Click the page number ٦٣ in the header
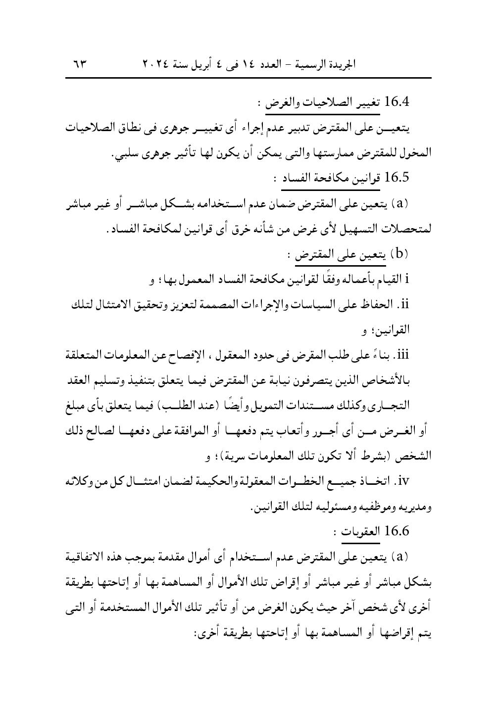point(79,64)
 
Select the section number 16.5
point(397,178)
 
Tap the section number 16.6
point(397,532)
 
